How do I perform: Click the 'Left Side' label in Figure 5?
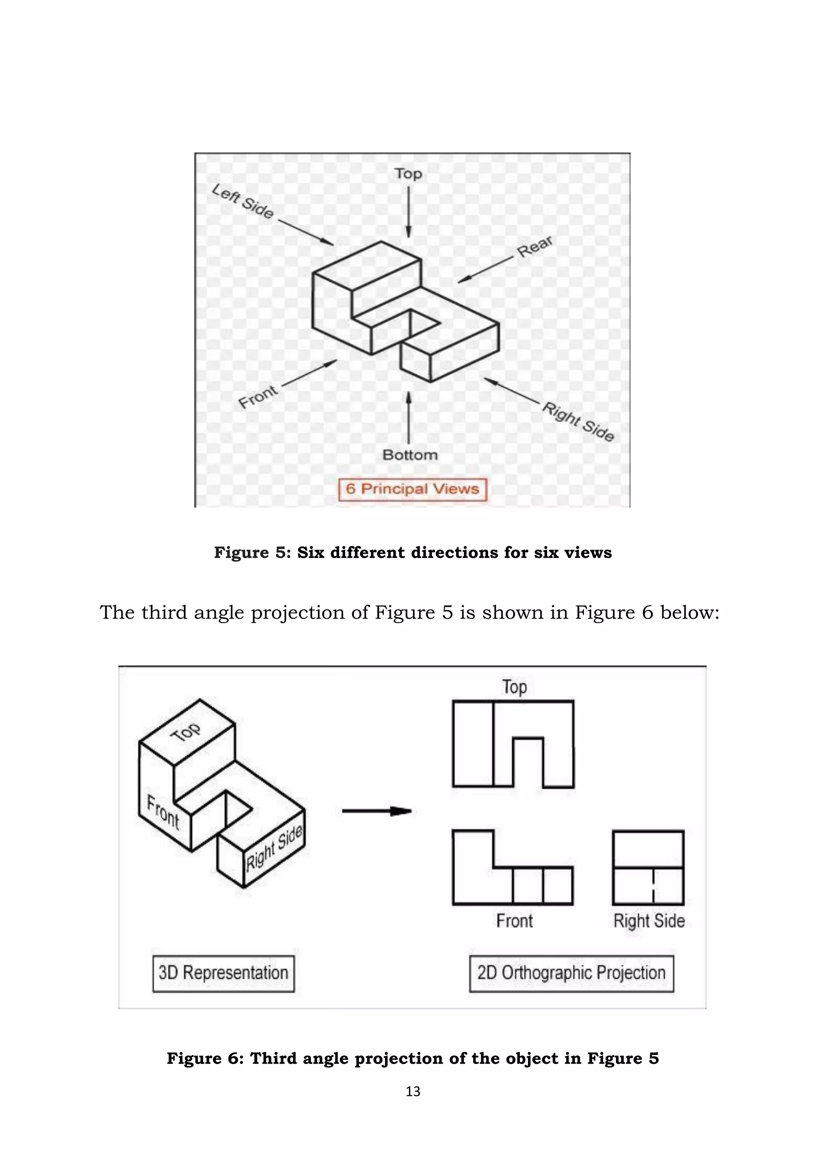point(243,201)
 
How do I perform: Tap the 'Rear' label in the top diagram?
point(534,247)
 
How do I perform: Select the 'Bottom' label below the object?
point(410,455)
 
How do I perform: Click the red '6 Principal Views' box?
point(413,489)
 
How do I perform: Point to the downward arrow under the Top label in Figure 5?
point(409,211)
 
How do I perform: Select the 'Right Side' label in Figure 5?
point(578,421)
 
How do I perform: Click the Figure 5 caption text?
point(413,553)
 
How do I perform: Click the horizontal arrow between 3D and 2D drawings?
point(376,811)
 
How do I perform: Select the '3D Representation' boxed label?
point(223,973)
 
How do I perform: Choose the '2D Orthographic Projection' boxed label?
point(571,973)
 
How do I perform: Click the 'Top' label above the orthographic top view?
point(514,687)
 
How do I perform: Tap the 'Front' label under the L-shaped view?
point(514,921)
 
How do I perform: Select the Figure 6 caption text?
point(413,1058)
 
